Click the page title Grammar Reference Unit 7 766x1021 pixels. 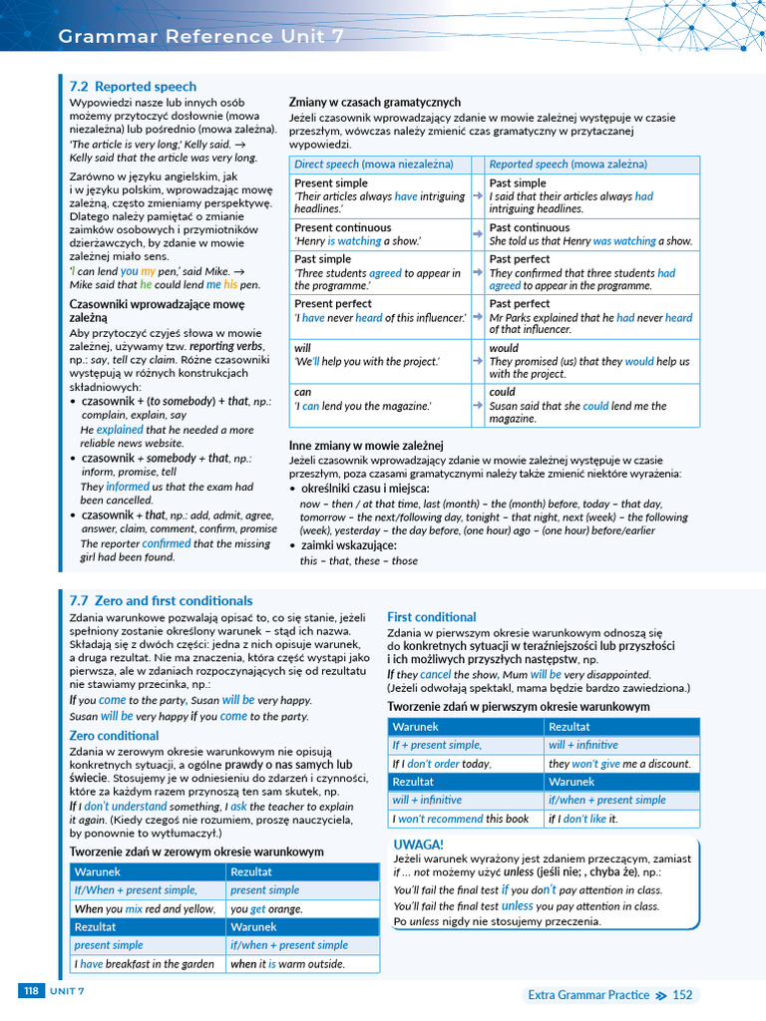pyautogui.click(x=201, y=37)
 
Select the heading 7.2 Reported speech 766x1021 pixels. pyautogui.click(x=133, y=87)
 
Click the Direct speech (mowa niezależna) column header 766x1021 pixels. pyautogui.click(x=373, y=164)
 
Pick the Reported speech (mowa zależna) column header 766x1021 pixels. pyautogui.click(x=567, y=164)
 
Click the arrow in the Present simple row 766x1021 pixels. pyautogui.click(x=478, y=196)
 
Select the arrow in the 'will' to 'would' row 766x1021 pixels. pyautogui.click(x=478, y=355)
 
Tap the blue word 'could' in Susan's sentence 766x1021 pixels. pyautogui.click(x=595, y=406)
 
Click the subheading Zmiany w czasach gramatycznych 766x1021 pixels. pyautogui.click(x=374, y=102)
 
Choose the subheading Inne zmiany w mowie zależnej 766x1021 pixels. pyautogui.click(x=365, y=445)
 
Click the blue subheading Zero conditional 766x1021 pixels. pyautogui.click(x=114, y=736)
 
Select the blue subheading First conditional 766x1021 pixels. pyautogui.click(x=431, y=617)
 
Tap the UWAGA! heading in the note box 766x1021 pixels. pyautogui.click(x=419, y=845)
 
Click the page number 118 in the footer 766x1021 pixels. pyautogui.click(x=31, y=990)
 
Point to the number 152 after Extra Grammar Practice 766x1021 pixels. pyautogui.click(x=682, y=995)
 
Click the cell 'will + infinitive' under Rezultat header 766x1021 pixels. pyautogui.click(x=582, y=745)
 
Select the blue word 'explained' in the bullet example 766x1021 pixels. pyautogui.click(x=120, y=430)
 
